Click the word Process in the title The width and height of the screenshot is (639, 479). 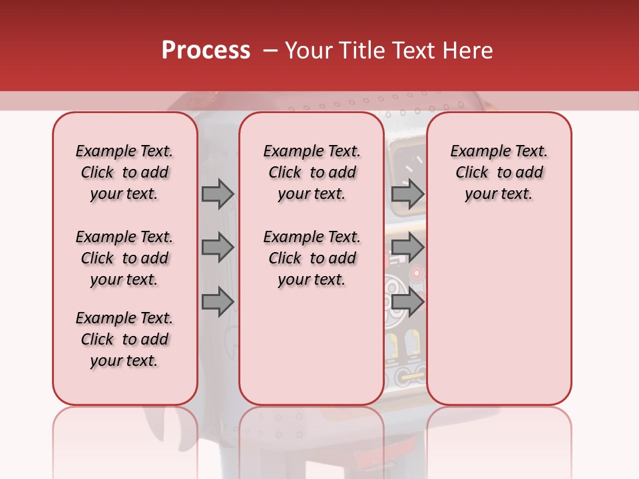pyautogui.click(x=206, y=51)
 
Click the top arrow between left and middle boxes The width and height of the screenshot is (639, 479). pyautogui.click(x=218, y=194)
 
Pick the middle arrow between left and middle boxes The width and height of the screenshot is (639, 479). pyautogui.click(x=218, y=247)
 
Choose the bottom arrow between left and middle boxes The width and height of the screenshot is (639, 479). pyautogui.click(x=218, y=302)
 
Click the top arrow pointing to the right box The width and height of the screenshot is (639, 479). pyautogui.click(x=407, y=194)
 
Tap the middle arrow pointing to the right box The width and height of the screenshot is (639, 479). pyautogui.click(x=407, y=247)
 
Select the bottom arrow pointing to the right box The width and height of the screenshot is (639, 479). pyautogui.click(x=407, y=302)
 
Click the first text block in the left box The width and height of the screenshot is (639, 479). pyautogui.click(x=124, y=172)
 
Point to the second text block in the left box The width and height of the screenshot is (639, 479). pyautogui.click(x=124, y=258)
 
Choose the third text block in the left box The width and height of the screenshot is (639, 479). pyautogui.click(x=124, y=339)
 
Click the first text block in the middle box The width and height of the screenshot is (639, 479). pyautogui.click(x=312, y=172)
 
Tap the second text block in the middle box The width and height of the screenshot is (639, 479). pyautogui.click(x=312, y=258)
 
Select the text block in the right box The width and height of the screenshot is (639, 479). pyautogui.click(x=499, y=172)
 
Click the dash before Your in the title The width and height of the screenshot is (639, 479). pyautogui.click(x=270, y=51)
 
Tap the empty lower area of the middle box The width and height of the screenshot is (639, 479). pyautogui.click(x=312, y=346)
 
